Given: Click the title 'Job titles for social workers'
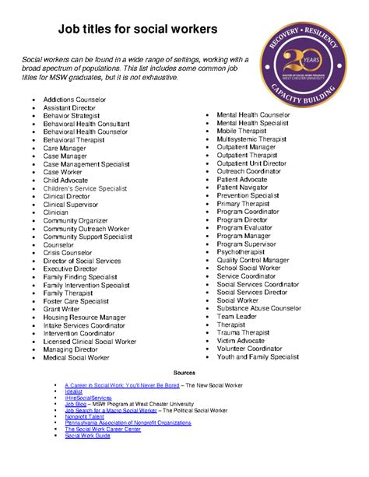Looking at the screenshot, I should (136, 30).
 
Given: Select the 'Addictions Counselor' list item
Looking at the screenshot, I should (74, 100).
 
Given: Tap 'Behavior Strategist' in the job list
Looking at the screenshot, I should (72, 116).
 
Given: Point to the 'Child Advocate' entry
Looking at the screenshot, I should (65, 180).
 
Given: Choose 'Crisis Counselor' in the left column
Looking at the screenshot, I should (67, 252).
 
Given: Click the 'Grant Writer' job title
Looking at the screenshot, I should (61, 309).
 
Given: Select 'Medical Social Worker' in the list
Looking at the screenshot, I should (76, 357).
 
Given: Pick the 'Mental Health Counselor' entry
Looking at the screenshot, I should (253, 114).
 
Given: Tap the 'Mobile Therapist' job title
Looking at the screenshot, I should (241, 131).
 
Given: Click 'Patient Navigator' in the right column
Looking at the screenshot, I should (244, 187).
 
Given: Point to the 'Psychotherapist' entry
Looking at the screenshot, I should (241, 251).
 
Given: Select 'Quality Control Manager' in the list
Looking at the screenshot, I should (253, 260).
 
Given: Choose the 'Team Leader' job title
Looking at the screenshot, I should (236, 316).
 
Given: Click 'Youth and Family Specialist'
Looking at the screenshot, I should (258, 356).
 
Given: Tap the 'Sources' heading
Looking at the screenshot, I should (184, 373).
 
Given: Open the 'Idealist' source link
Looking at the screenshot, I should (75, 391).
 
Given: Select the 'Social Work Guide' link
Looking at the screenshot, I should (87, 435).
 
